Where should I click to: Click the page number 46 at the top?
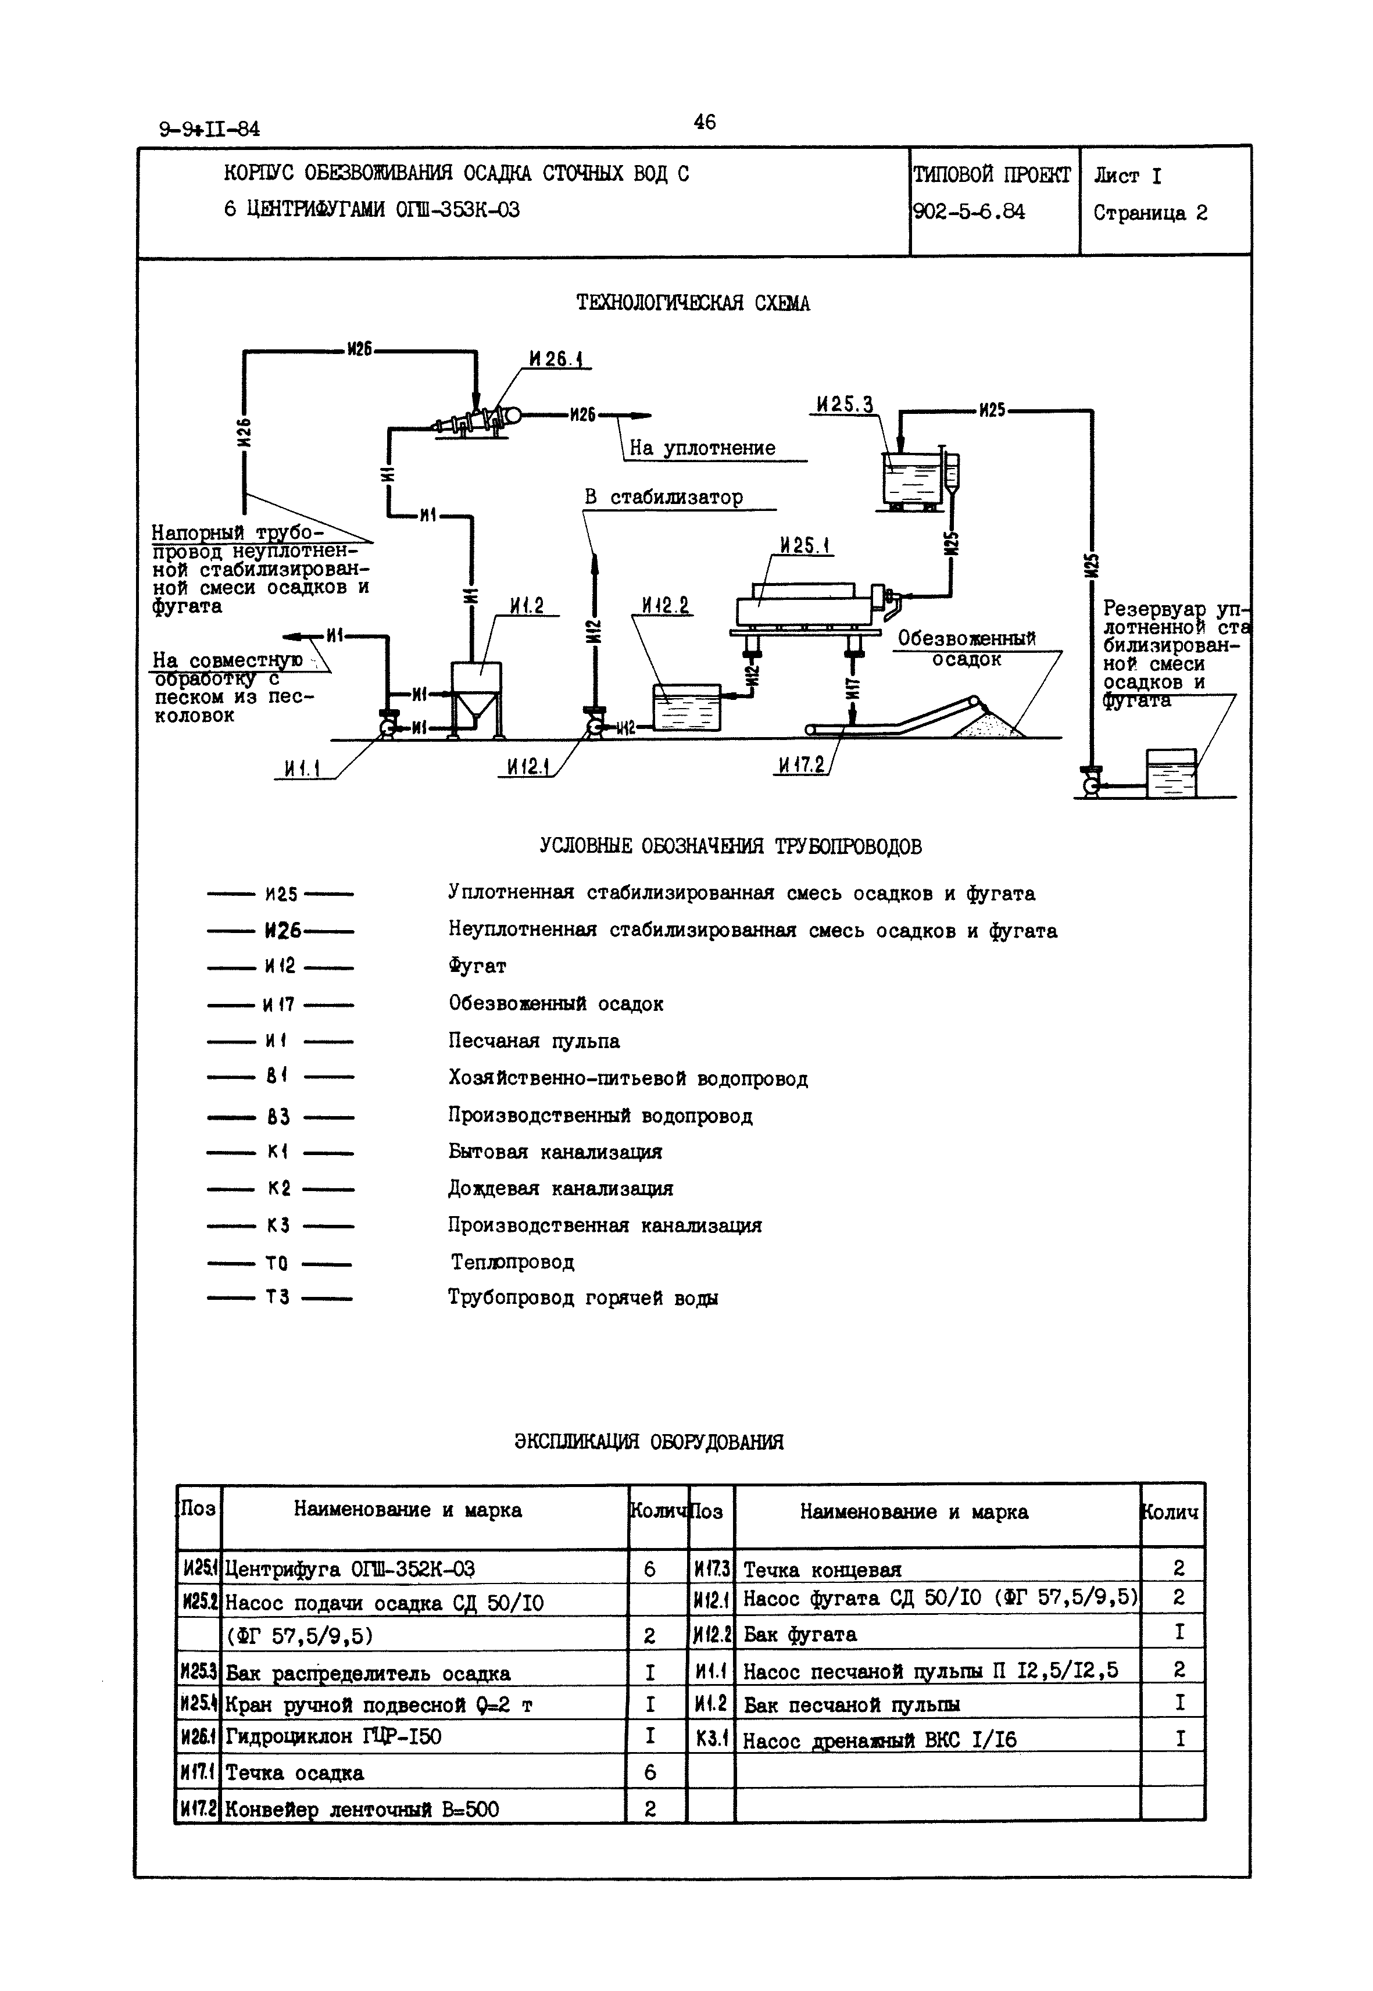point(704,122)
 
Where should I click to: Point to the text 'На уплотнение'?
point(702,448)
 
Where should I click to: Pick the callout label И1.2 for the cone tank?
point(527,606)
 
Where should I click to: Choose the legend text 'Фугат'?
point(477,966)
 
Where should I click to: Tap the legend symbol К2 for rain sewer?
point(279,1189)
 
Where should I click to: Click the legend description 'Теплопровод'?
point(513,1262)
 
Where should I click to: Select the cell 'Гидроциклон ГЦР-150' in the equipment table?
point(333,1737)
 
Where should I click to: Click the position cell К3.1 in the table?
point(711,1739)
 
